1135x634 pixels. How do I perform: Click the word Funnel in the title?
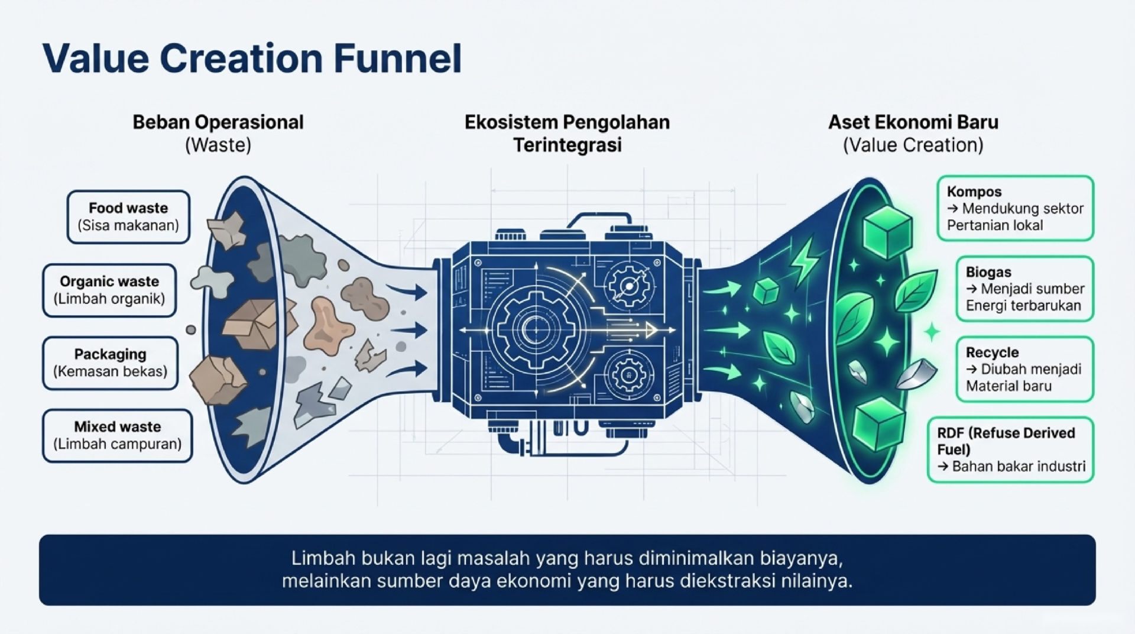point(397,59)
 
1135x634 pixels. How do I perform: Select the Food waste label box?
point(128,216)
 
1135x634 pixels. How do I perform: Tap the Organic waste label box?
point(109,290)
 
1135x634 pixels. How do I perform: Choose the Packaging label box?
point(111,363)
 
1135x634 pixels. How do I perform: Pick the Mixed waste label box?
point(118,435)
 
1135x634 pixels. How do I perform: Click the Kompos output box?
point(1015,208)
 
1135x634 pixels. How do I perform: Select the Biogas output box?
point(1024,289)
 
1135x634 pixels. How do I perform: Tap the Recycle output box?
point(1024,369)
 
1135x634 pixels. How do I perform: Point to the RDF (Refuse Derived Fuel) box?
point(1010,449)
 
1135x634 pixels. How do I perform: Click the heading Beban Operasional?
point(218,122)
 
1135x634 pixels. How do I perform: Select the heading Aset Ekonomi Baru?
point(913,122)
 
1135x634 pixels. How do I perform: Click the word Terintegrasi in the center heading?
point(567,145)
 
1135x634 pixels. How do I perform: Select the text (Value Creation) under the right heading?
point(913,145)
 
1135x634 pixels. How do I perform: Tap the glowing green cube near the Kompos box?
point(887,231)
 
